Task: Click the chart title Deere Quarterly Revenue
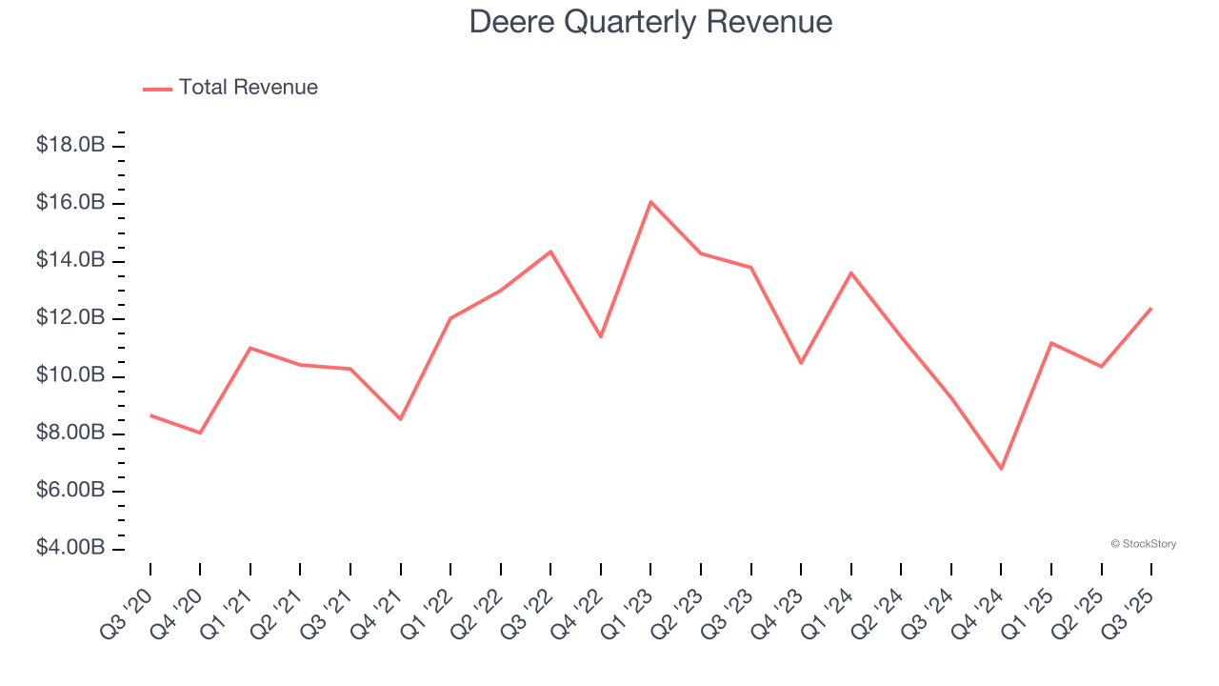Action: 650,22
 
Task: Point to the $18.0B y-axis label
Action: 70,146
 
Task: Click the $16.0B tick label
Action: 70,203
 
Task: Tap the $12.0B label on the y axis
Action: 70,318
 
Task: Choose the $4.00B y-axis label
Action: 70,549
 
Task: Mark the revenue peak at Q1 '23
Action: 650,202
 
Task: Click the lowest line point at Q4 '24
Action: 1001,469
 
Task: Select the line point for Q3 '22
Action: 550,252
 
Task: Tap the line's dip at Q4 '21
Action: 400,419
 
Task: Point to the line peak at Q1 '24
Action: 850,272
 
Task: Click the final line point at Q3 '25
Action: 1150,309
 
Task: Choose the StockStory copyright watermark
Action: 1143,544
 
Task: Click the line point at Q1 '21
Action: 250,348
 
